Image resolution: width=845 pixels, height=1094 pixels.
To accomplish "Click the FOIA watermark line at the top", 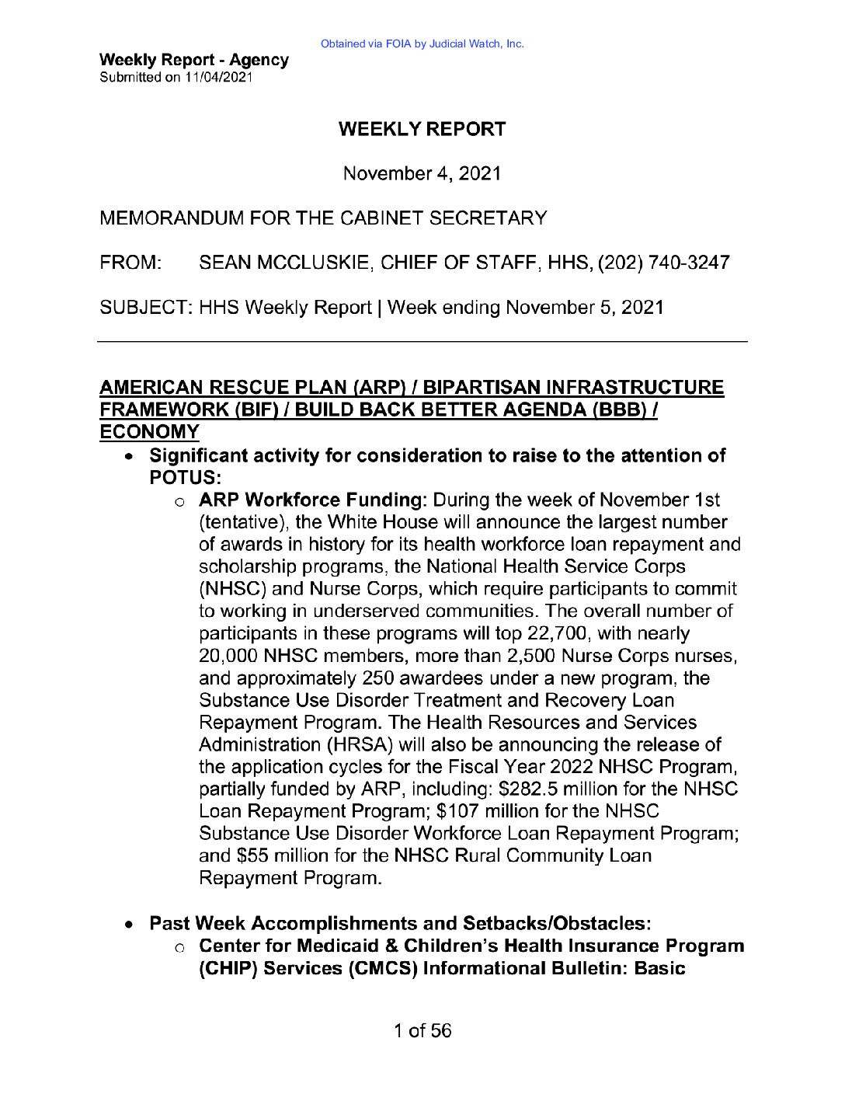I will [422, 44].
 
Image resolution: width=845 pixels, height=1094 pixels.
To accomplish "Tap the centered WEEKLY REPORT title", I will [422, 130].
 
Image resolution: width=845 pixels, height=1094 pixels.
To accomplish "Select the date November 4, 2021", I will [422, 174].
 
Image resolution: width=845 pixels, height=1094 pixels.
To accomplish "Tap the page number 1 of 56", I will [422, 1031].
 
